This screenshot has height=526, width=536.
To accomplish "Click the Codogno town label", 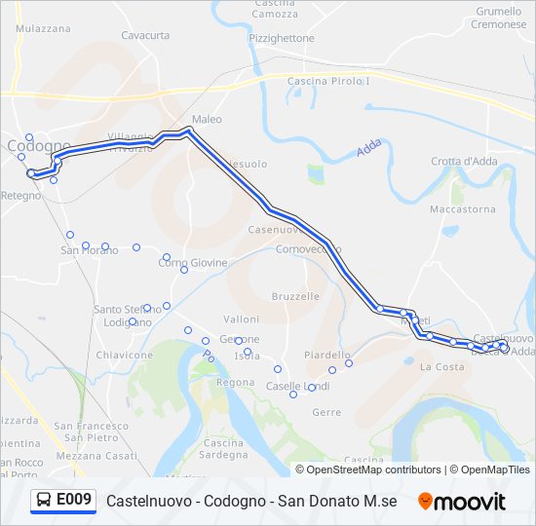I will tap(38, 146).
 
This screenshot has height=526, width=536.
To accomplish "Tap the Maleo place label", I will tap(207, 120).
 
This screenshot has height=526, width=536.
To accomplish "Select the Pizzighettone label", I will tap(282, 38).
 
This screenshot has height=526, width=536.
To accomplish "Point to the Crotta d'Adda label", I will tap(465, 162).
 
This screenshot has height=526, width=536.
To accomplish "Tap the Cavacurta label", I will tap(145, 35).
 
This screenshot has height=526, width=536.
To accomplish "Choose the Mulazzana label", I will tap(43, 29).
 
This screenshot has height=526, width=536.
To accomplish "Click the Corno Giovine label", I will tap(193, 263).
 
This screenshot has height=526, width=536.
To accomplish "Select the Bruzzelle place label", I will tap(295, 296).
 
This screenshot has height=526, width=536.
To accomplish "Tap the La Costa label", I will tap(441, 367).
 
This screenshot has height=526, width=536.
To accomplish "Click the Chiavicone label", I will tap(125, 356).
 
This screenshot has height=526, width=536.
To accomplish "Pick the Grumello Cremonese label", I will tap(498, 18).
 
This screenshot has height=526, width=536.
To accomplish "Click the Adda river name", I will tap(368, 148).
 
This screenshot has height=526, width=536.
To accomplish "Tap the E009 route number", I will tap(74, 501).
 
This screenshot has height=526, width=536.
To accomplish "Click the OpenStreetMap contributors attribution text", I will tap(374, 470).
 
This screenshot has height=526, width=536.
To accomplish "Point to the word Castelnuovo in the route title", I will tap(143, 502).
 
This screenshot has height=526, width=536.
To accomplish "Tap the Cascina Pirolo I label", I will tap(329, 81).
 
